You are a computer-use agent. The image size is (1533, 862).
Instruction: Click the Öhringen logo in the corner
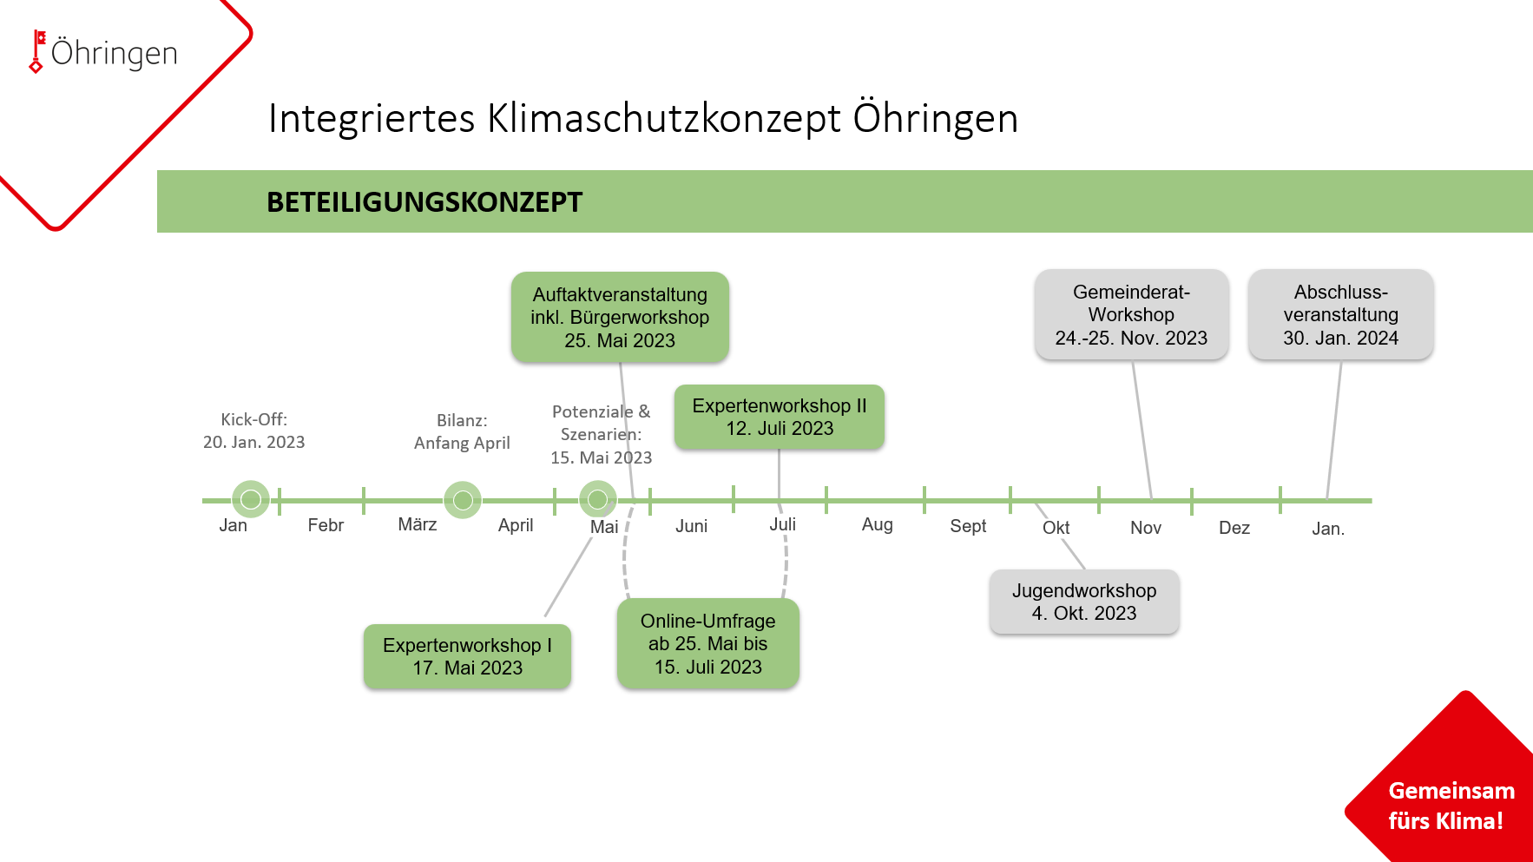(103, 52)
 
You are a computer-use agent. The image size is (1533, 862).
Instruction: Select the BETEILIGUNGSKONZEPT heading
(424, 202)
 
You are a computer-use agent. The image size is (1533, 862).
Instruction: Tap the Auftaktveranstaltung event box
(620, 317)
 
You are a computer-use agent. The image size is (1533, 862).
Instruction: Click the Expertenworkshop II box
(780, 417)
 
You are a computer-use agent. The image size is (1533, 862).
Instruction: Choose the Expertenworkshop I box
(467, 656)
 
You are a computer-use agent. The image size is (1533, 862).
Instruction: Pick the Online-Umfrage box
(708, 643)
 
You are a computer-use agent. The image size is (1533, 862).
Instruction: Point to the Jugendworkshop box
(1084, 602)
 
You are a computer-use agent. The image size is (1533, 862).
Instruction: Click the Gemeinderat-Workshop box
(1131, 314)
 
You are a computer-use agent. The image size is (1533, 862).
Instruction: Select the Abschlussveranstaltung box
(1341, 314)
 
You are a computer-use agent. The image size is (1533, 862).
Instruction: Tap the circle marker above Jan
(251, 499)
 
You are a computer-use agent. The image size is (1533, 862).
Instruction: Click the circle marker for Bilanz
(463, 500)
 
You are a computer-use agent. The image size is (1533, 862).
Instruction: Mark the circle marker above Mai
(598, 499)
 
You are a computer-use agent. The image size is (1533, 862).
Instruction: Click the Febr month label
(326, 525)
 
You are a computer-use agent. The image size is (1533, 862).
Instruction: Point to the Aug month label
(878, 524)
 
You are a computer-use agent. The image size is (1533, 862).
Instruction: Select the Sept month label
(968, 526)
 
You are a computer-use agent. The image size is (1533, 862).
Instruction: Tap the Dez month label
(1234, 528)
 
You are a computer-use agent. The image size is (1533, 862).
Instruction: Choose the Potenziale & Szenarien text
(601, 423)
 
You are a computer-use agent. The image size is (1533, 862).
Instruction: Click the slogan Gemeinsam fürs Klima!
(1451, 806)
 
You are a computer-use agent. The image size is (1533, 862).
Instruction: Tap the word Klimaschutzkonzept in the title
(664, 118)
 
